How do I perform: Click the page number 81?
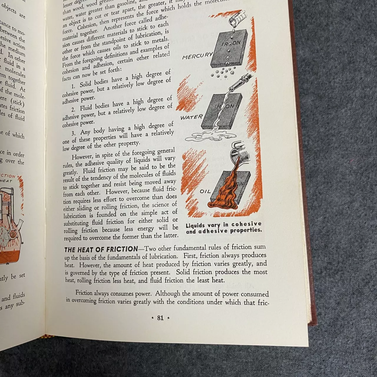point(160,318)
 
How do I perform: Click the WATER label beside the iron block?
point(191,117)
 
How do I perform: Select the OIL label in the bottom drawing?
point(205,191)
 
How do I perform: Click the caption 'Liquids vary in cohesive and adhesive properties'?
point(224,227)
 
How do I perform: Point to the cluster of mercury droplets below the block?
point(226,73)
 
